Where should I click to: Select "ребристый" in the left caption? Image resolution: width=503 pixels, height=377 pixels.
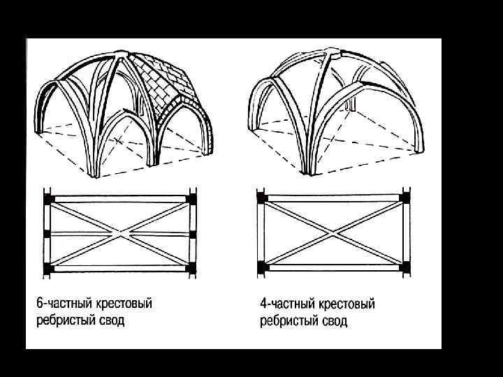64,321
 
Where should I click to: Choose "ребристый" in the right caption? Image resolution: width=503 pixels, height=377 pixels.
288,321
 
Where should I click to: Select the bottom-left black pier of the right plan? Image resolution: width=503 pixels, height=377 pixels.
261,266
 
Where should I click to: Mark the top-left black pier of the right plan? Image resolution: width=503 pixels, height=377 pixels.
261,198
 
